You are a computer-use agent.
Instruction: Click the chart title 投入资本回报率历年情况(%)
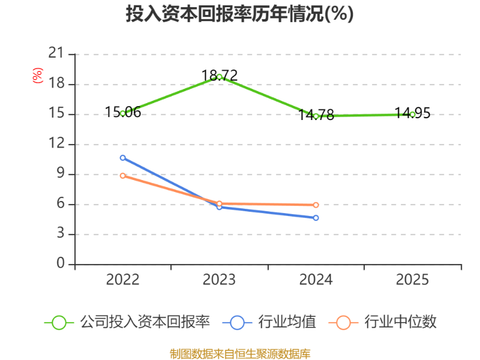239,13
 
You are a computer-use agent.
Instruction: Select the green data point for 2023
220,77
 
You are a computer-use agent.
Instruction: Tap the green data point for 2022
123,113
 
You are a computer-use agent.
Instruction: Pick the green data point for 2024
316,116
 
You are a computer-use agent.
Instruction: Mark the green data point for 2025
413,114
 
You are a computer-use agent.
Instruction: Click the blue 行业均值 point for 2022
123,158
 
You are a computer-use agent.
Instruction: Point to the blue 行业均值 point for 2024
316,218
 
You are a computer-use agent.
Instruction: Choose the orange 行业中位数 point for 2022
123,176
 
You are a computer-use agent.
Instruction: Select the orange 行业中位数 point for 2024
316,205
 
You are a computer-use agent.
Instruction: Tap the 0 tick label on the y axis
60,264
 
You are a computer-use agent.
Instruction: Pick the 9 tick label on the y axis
60,174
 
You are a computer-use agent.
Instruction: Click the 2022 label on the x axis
123,280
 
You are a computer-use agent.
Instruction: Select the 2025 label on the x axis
413,280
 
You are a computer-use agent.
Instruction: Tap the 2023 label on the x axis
220,280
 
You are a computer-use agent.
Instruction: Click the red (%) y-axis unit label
38,76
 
